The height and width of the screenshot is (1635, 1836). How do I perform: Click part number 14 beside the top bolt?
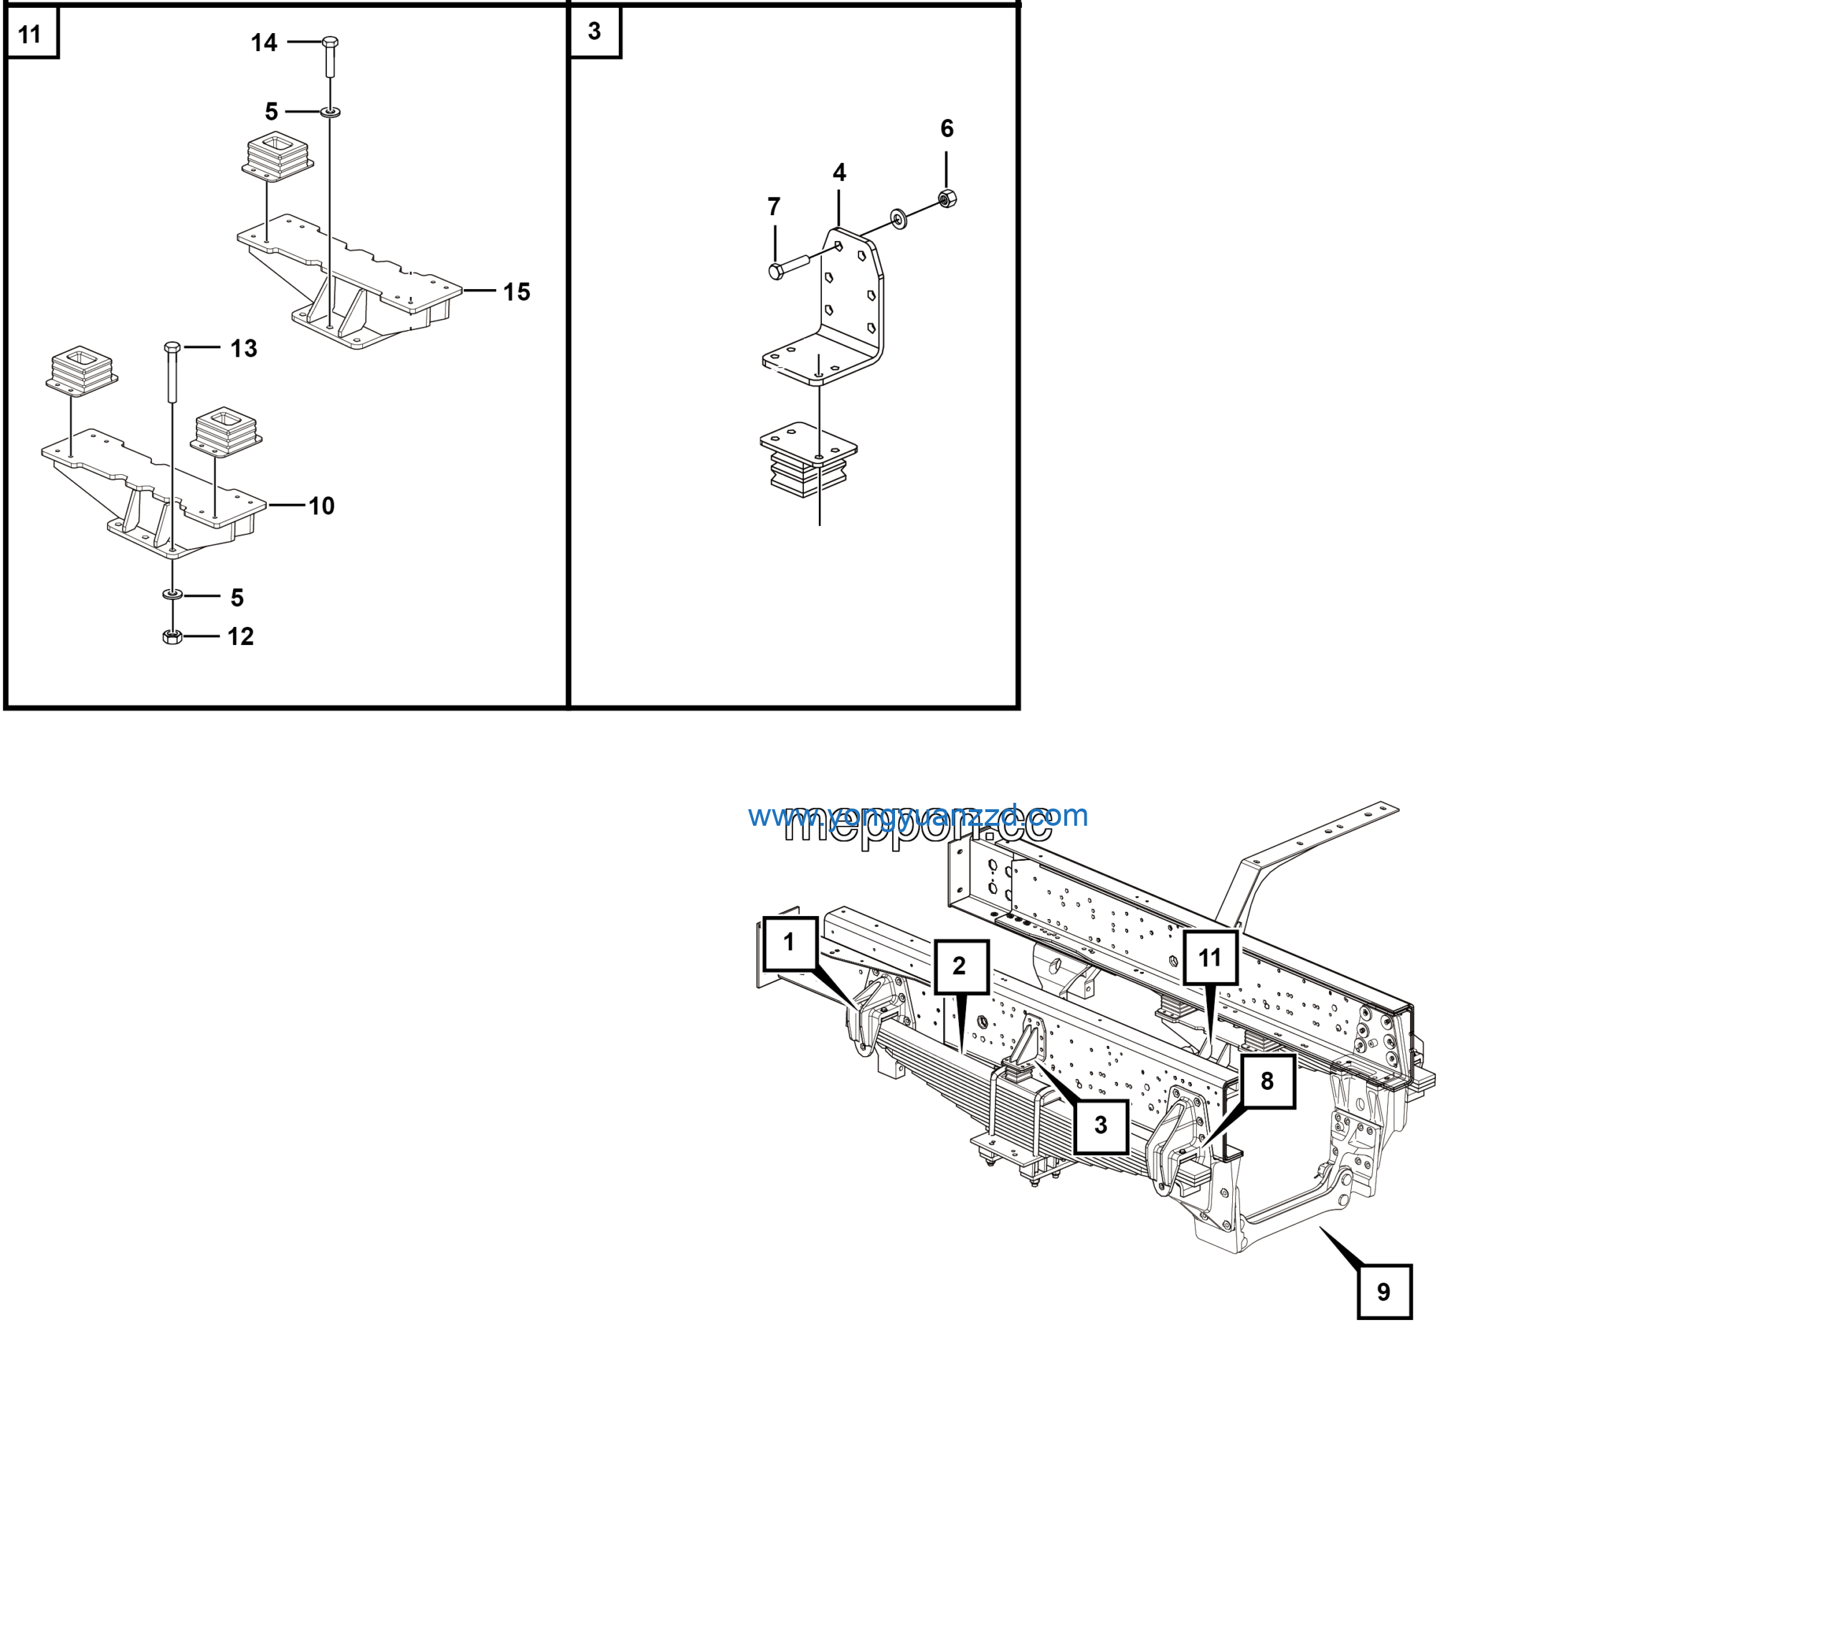[263, 42]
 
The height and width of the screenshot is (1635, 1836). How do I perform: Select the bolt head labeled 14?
[330, 42]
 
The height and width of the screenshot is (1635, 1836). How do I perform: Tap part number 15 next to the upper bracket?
[516, 291]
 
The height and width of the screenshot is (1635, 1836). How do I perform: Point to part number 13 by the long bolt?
[243, 349]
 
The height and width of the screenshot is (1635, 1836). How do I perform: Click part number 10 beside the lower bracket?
[321, 506]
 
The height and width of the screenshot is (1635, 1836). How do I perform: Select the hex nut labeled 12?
[172, 637]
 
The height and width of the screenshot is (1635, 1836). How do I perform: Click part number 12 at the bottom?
[240, 637]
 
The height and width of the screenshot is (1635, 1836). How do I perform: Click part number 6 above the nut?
[947, 128]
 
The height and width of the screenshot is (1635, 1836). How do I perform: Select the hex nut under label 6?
[947, 197]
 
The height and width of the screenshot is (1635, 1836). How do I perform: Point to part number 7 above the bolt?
[773, 207]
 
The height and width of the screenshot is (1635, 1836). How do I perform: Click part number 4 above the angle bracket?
[839, 172]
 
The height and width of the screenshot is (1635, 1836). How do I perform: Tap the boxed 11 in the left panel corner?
[31, 34]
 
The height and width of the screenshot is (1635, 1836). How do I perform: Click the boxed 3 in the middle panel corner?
[594, 32]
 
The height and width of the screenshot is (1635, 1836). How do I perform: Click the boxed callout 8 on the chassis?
[1267, 1080]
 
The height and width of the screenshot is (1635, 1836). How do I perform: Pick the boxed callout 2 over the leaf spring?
[960, 966]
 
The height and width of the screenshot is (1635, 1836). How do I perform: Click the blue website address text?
[917, 816]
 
